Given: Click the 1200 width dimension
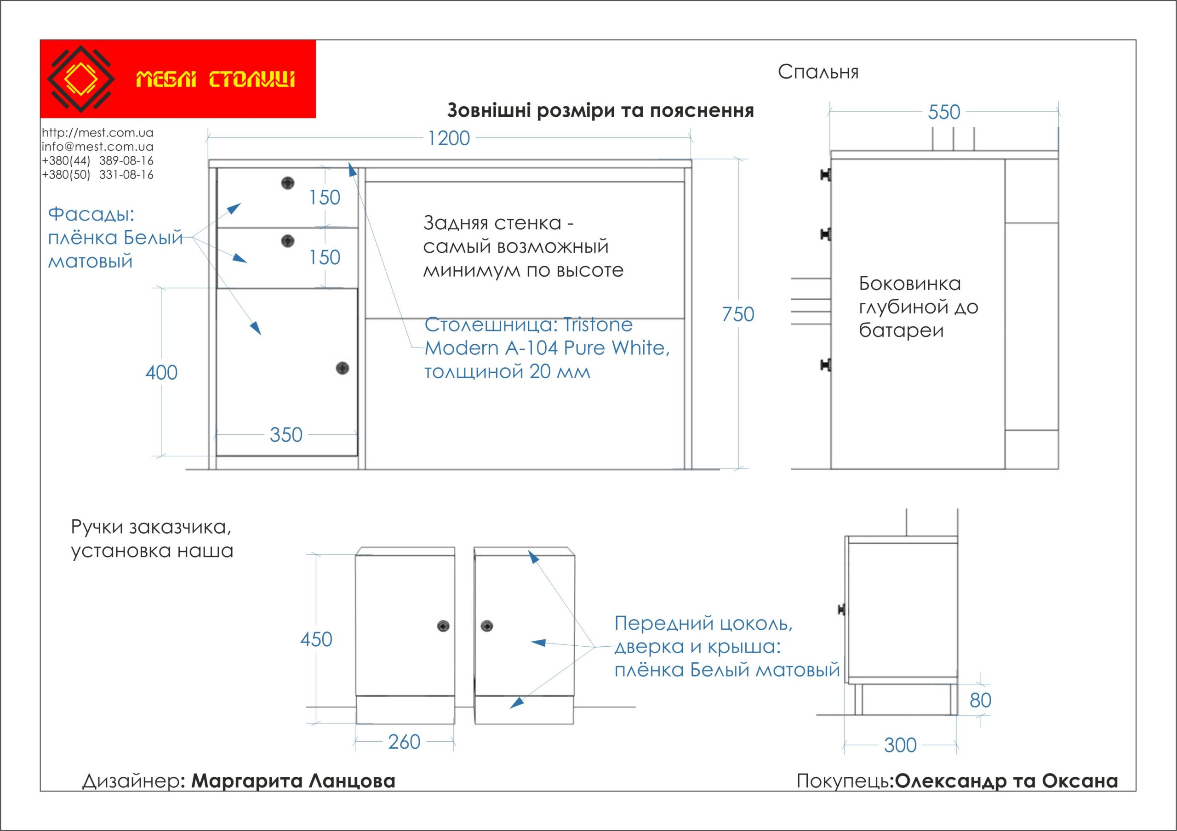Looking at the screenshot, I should coord(449,138).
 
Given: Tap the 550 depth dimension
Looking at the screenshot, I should coord(944,112).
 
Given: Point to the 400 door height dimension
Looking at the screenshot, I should coord(161,372).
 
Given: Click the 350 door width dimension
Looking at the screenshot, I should coord(286,435).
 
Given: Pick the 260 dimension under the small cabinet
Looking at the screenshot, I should coord(404,742).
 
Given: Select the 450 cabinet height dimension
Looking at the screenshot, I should coord(316,639).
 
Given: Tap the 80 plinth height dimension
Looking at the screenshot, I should coord(980,700).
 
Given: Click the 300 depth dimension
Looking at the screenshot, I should coord(900,746).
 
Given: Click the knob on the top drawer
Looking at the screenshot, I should coord(288,183).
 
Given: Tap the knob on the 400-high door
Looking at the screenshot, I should coord(343,368).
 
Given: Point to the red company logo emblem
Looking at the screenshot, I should coord(80,79).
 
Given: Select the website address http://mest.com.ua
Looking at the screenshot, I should coord(97,133).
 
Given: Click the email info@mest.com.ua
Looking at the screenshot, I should coord(97,147).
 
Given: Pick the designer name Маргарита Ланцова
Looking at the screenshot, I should coord(293,781).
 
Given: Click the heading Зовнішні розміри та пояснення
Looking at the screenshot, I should coord(600,111).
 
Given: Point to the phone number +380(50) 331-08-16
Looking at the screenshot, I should coord(97,175).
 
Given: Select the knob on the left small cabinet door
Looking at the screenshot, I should coord(443,626).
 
